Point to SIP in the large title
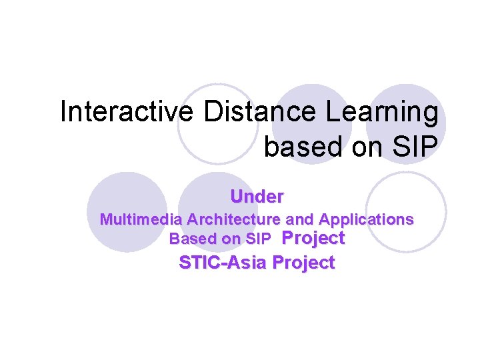coord(417,145)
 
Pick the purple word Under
coord(257,197)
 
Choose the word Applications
coord(366,219)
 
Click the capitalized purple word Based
coord(189,239)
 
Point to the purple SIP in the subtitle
coord(258,239)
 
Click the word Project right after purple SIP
coord(313,238)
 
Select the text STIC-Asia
coord(223,263)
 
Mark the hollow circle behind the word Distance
coord(218,123)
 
